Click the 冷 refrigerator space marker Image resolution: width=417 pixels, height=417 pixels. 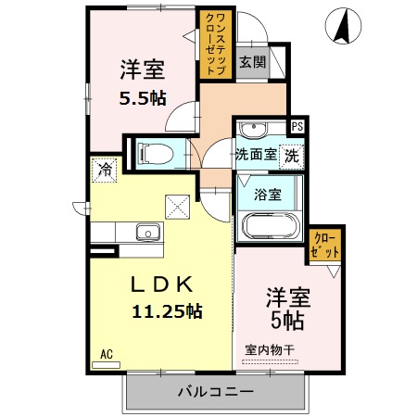click(103, 171)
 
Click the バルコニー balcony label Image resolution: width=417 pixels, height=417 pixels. click(215, 392)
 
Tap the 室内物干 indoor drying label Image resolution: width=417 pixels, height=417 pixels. click(270, 350)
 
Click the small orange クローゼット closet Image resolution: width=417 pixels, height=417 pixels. click(324, 246)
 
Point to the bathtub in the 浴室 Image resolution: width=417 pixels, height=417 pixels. click(268, 227)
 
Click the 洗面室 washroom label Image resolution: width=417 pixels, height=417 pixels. click(255, 154)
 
